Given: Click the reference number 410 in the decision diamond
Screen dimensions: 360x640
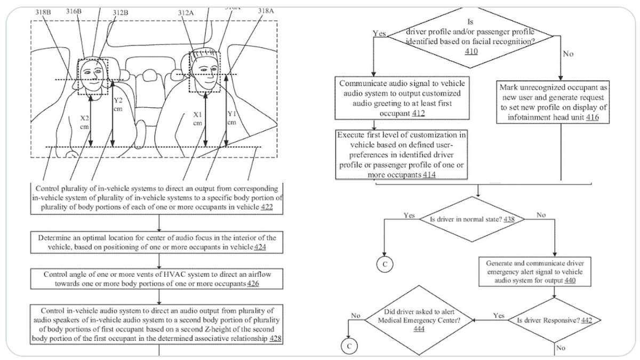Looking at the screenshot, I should tap(471, 52).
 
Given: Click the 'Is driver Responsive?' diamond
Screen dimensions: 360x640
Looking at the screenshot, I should tap(554, 321).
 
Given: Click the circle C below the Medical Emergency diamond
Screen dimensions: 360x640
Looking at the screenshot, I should tap(347, 347).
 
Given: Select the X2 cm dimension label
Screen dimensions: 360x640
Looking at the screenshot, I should tap(84, 122).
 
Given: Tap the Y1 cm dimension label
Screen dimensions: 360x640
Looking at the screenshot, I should tap(231, 117).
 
